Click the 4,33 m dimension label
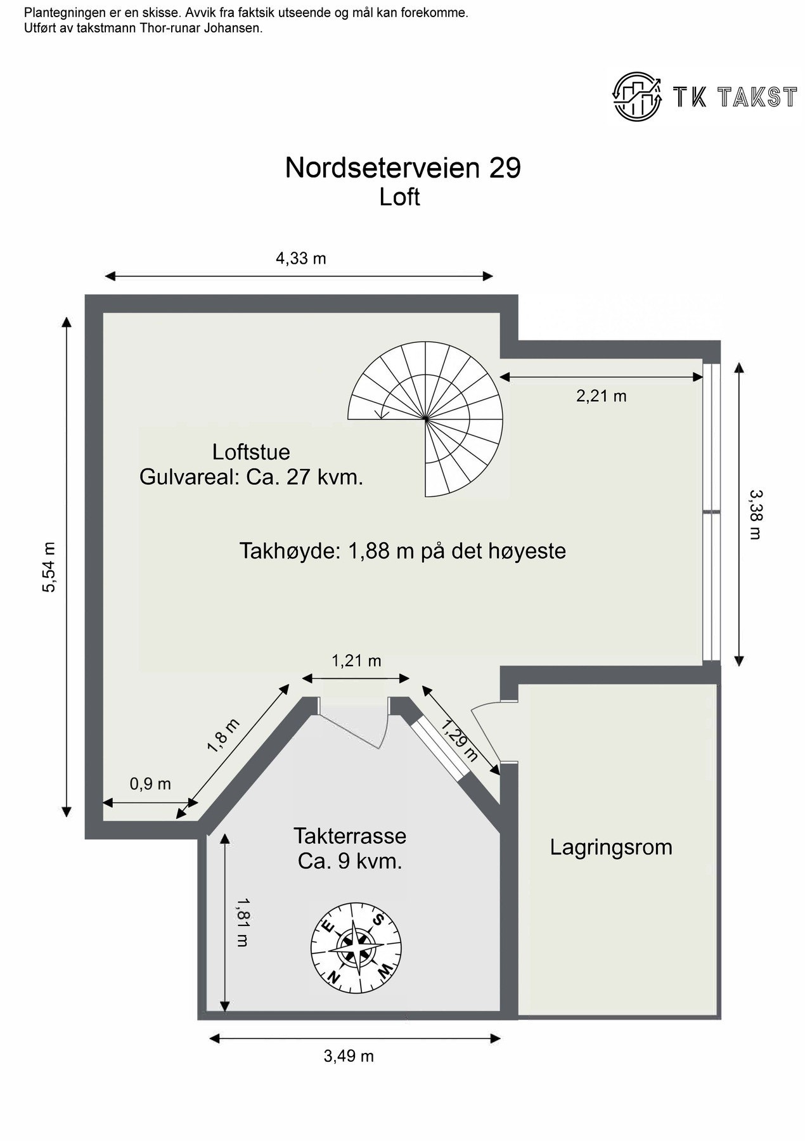(x=300, y=259)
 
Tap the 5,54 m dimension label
(x=49, y=567)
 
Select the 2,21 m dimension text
(x=601, y=396)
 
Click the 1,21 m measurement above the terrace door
(x=356, y=661)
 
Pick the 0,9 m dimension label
(x=150, y=784)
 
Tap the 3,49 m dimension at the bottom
(x=349, y=1056)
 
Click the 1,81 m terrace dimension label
(x=241, y=922)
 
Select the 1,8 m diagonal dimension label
(x=223, y=735)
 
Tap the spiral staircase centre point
(x=426, y=419)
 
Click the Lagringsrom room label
(x=610, y=848)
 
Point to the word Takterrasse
(x=349, y=836)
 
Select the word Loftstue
(x=251, y=452)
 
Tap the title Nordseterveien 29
(x=402, y=168)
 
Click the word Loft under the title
(x=399, y=197)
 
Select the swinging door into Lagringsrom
(x=485, y=729)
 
